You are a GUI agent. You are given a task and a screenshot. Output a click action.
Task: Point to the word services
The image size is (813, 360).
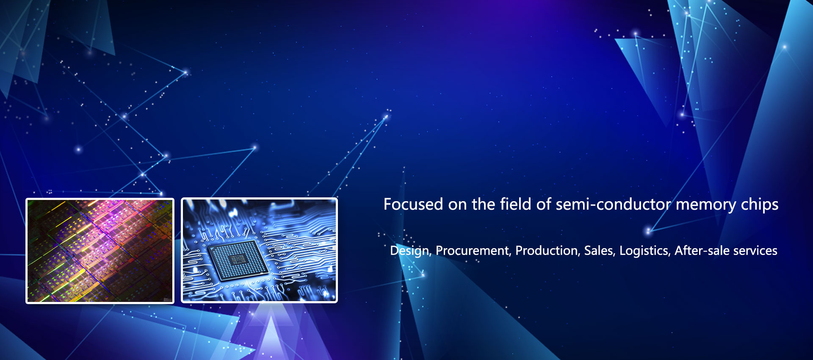(755, 251)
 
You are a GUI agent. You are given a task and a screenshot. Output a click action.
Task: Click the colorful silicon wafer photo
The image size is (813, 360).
(100, 251)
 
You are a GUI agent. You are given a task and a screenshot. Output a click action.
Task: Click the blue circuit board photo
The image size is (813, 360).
(259, 250)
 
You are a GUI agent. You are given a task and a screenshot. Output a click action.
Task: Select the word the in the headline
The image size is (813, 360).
(484, 204)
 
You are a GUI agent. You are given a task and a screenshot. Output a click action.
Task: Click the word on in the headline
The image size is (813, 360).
(457, 205)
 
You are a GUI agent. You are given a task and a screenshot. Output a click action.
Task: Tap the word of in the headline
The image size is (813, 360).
(543, 204)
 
